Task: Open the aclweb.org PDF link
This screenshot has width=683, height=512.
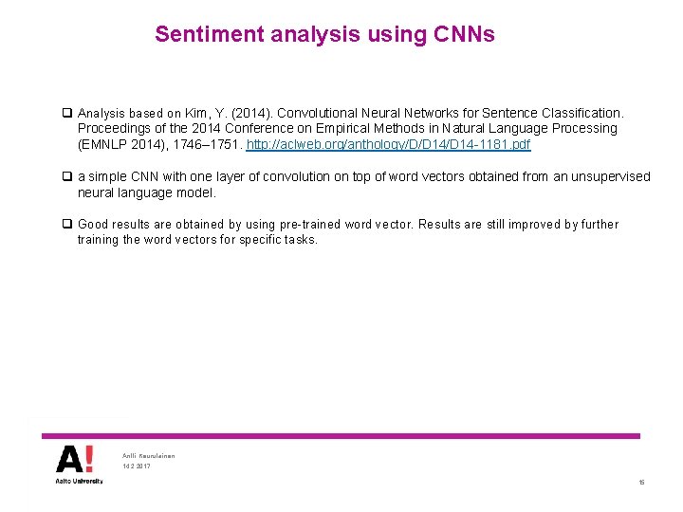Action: pyautogui.click(x=388, y=145)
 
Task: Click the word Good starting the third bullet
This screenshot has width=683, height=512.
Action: pyautogui.click(x=94, y=225)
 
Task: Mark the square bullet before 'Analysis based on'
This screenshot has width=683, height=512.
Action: pyautogui.click(x=67, y=113)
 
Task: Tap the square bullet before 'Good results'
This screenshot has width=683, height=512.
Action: pyautogui.click(x=67, y=225)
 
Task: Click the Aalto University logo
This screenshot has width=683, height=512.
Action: pyautogui.click(x=75, y=465)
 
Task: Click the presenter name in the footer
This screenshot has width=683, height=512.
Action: pyautogui.click(x=149, y=456)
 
